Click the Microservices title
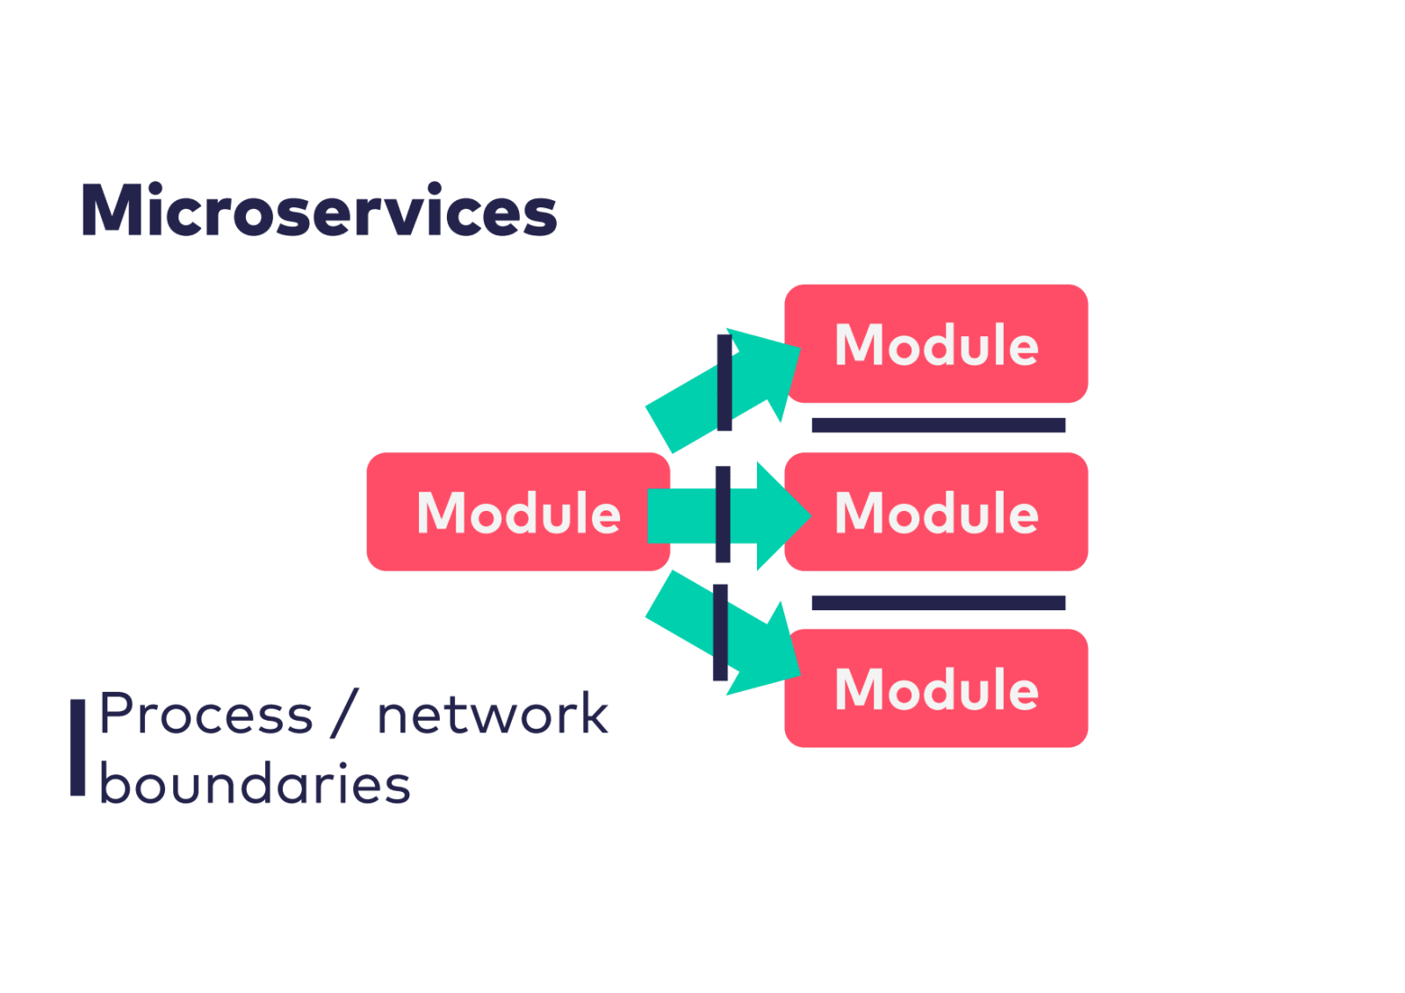(320, 210)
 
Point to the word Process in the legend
(206, 715)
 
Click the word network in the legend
(494, 714)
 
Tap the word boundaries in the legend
(256, 784)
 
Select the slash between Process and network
(345, 714)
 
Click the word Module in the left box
(519, 514)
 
